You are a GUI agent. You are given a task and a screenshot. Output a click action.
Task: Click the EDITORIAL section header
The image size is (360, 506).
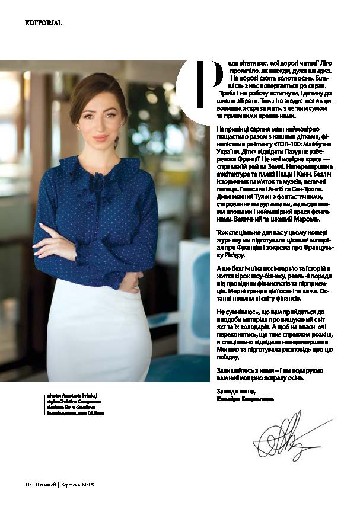[x=43, y=23]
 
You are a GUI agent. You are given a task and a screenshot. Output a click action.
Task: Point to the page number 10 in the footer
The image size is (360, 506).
[x=27, y=484]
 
